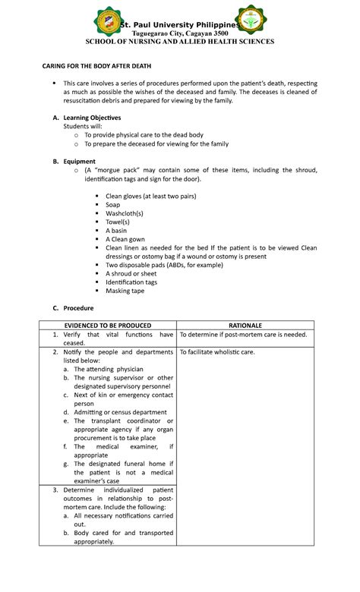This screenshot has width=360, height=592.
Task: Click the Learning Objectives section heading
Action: click(91, 118)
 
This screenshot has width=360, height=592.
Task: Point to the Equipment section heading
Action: click(79, 161)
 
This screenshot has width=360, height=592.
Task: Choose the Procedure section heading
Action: click(78, 308)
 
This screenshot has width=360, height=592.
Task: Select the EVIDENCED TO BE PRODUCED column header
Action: click(108, 324)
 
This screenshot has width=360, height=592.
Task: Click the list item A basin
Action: click(116, 230)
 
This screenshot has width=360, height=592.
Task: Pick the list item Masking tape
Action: click(126, 290)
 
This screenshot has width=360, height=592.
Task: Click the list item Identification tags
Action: click(131, 282)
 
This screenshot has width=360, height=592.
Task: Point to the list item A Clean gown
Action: click(124, 238)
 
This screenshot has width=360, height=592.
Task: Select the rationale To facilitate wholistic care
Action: click(217, 352)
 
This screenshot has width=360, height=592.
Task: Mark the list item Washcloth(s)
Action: click(125, 213)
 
